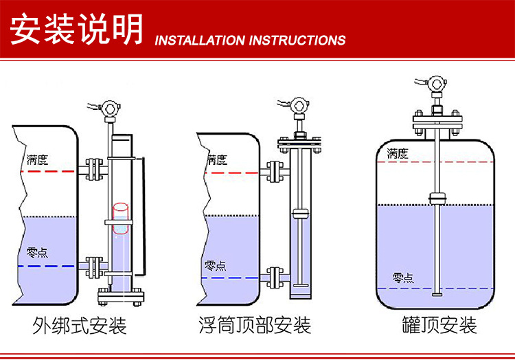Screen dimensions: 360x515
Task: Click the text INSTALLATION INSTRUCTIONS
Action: tap(250, 40)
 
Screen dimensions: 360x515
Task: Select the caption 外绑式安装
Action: tap(80, 324)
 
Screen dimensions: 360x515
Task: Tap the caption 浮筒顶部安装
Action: tap(254, 324)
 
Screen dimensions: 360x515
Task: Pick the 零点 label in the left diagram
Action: tap(36, 252)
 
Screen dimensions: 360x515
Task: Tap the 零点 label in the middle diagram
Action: tap(215, 265)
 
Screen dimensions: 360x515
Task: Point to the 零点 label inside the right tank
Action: tap(403, 278)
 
